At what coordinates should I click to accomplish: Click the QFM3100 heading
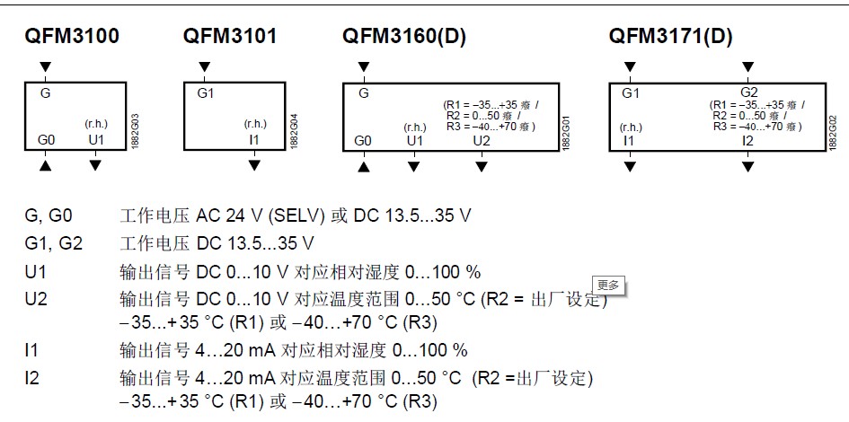[71, 37]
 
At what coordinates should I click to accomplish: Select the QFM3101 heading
[230, 37]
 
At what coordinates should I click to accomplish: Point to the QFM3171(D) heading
[670, 37]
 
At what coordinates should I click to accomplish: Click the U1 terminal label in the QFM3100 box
[96, 140]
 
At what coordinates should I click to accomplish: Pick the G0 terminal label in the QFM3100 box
[47, 140]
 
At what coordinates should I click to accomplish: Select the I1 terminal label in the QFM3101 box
[254, 140]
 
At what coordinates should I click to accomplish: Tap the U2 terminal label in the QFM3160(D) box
[482, 140]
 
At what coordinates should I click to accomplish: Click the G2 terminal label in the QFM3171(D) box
[748, 92]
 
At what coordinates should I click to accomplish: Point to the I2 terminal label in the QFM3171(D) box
[747, 140]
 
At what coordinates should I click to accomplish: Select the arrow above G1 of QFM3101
[205, 67]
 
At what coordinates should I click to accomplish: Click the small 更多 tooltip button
[608, 286]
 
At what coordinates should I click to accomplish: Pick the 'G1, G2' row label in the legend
[53, 243]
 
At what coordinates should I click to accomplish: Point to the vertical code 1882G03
[135, 130]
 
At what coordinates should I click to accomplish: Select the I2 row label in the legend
[33, 375]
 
